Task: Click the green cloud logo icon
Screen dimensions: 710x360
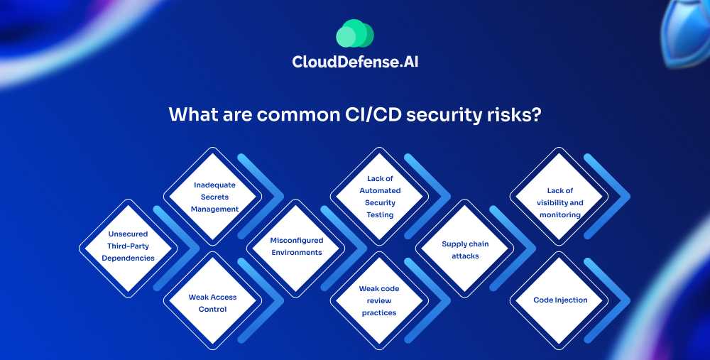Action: (355, 33)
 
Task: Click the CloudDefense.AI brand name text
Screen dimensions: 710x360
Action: (355, 62)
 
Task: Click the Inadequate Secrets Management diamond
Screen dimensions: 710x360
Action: (212, 196)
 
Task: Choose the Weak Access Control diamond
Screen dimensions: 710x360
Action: (212, 300)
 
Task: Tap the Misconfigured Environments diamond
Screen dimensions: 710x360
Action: (295, 248)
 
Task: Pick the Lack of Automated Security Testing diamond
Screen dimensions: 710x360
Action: (379, 196)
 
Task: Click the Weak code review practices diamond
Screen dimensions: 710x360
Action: (379, 300)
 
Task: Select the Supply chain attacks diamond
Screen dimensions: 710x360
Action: (465, 248)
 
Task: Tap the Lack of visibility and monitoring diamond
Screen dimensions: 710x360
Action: (559, 196)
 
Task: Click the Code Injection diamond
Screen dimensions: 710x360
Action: (559, 300)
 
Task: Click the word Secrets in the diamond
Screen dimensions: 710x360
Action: (214, 197)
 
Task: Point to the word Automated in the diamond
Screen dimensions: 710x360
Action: (380, 190)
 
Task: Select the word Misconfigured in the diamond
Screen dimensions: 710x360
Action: (297, 241)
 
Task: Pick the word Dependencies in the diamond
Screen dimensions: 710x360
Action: (128, 258)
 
